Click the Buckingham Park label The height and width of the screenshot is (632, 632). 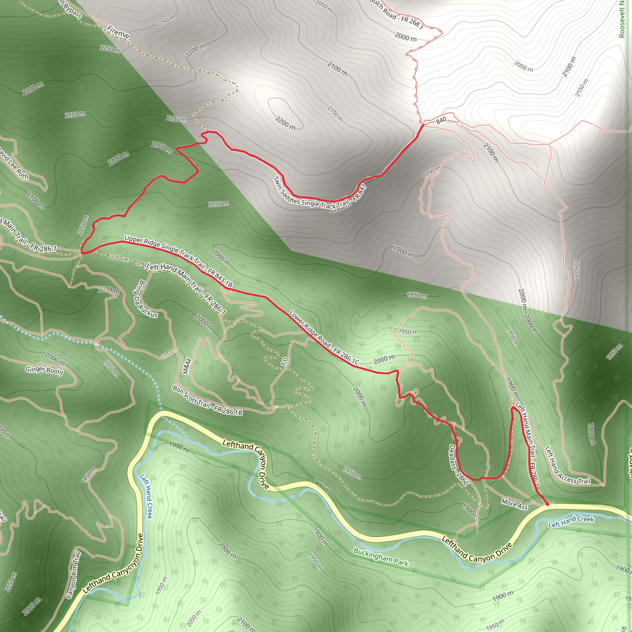[381, 557]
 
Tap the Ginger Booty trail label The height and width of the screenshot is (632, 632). [44, 370]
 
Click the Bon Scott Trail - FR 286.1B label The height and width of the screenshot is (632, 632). [207, 401]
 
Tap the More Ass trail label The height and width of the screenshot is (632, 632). [514, 505]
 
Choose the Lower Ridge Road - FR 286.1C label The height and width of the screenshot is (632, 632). [324, 338]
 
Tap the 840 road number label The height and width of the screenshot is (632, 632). [441, 120]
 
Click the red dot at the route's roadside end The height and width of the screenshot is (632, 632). [547, 505]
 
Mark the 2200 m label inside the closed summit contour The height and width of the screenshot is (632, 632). [285, 123]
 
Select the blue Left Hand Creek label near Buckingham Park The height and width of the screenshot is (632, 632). [571, 521]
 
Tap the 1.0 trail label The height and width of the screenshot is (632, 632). [284, 362]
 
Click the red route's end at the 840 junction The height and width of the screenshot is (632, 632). [423, 125]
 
